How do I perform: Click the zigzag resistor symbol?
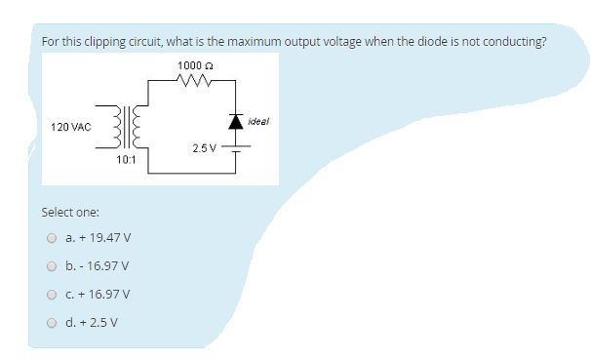[195, 81]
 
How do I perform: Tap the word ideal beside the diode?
[258, 121]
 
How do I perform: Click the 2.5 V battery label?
[205, 148]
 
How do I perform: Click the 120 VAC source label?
[71, 127]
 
